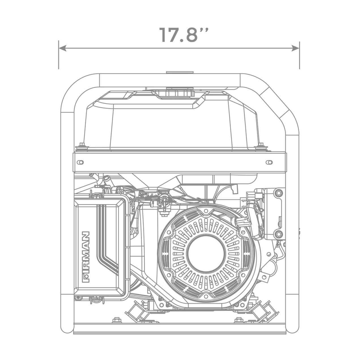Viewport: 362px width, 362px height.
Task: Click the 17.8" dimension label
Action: point(184,35)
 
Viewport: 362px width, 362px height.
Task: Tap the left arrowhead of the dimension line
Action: point(62,48)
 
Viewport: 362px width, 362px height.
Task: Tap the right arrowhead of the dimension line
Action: point(295,48)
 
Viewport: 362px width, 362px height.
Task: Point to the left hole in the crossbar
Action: point(81,162)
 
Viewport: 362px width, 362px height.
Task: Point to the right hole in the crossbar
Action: point(269,162)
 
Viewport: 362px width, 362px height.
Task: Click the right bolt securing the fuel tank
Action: point(261,145)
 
